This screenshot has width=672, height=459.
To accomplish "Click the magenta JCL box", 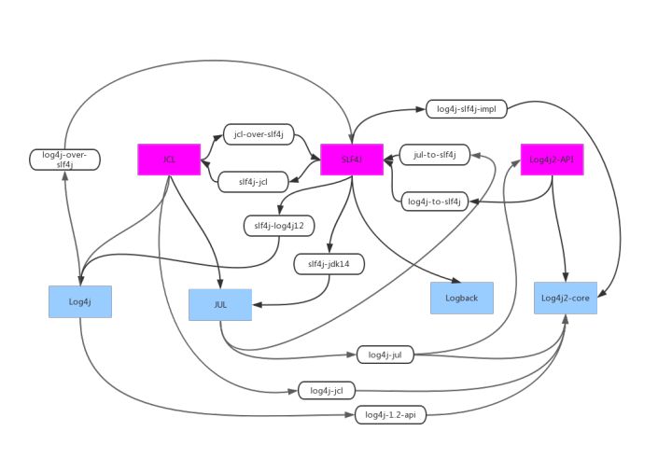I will point(169,160).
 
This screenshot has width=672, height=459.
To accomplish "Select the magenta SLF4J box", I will point(352,160).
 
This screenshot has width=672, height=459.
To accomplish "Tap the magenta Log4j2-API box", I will point(551,160).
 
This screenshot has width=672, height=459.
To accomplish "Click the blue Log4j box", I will point(80,301).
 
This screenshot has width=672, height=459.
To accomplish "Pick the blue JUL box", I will point(220,304).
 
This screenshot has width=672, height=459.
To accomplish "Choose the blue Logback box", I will point(461,298).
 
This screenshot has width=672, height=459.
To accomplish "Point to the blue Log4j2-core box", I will point(565,298).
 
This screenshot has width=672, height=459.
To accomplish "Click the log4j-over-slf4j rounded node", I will point(65,159).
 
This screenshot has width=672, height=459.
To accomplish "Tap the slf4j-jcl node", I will point(252,182).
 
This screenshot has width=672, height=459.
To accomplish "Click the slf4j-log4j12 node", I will point(277,225).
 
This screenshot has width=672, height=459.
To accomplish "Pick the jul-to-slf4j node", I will point(434,154).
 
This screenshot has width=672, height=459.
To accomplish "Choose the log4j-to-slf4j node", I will point(434,201).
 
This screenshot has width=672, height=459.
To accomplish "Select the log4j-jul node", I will point(385,355).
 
